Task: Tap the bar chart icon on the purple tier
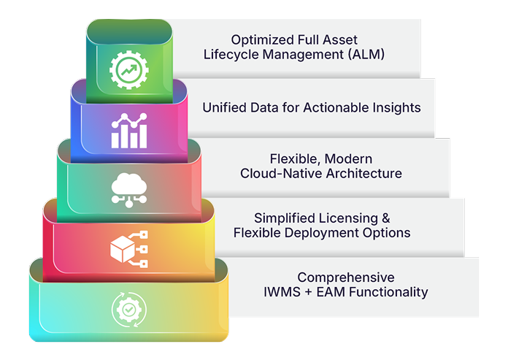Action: coord(128,130)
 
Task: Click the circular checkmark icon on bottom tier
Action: coord(128,309)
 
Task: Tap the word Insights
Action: coord(395,107)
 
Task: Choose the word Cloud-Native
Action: coord(277,173)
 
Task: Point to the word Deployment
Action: coord(325,233)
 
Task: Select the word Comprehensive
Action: coord(346,277)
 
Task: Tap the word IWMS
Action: coord(282,292)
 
